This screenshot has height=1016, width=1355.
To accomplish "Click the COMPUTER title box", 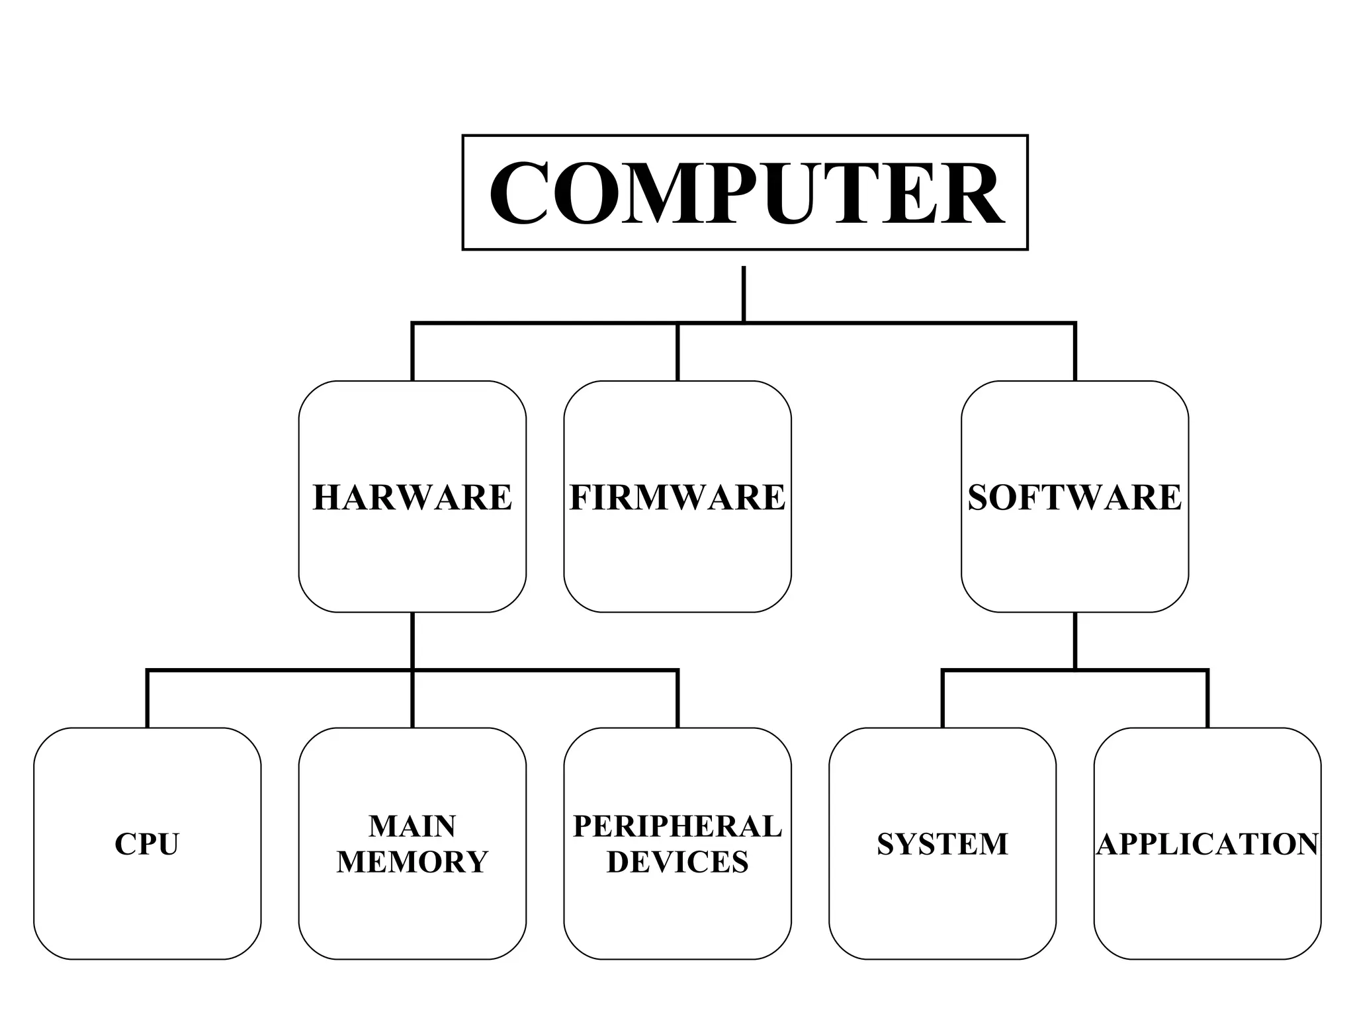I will [745, 192].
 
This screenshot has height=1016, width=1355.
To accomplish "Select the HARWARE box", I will [412, 496].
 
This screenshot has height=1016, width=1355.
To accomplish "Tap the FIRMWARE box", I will [677, 496].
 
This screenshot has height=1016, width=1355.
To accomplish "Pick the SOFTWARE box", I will [1074, 496].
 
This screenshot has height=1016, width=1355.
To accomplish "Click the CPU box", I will [147, 843].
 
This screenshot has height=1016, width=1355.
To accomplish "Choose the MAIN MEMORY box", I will [412, 843].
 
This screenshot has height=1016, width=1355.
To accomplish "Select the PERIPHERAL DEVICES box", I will [677, 843].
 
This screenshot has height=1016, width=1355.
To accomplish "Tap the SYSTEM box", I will [942, 843].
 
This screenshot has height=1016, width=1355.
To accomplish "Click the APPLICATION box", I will [1207, 843].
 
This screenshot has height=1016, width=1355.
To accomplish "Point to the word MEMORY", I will [412, 862].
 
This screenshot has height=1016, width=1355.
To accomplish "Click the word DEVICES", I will [677, 862].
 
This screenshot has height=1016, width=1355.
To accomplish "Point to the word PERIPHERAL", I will [677, 826].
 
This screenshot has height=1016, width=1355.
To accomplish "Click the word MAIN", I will [412, 826].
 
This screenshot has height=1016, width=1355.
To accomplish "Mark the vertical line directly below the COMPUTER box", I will [744, 294].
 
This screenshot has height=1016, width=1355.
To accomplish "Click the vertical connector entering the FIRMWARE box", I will [677, 352].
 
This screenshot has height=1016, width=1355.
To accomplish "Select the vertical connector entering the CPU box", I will [147, 700].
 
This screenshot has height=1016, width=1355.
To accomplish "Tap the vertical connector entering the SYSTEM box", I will [942, 700].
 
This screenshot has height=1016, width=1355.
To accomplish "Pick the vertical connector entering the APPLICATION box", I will [1208, 700].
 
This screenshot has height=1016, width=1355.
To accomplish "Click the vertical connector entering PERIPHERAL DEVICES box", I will [677, 700].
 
